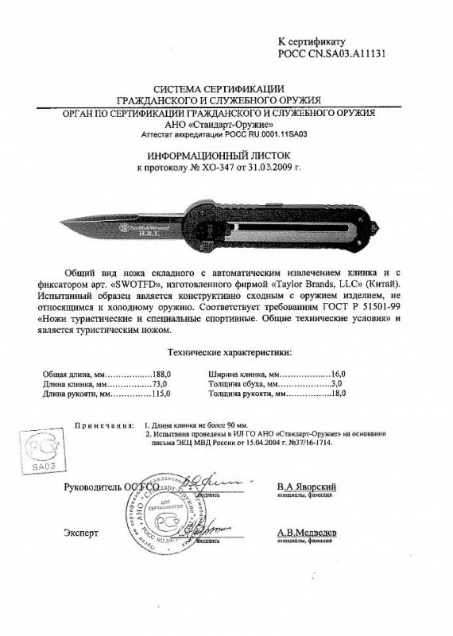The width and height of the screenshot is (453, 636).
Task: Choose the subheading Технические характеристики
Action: (x=226, y=351)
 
